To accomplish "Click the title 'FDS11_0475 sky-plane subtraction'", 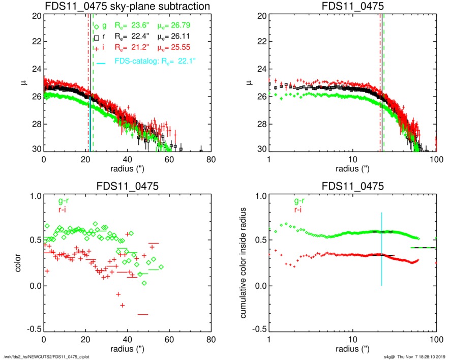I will click(128, 6).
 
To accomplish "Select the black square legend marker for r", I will click(96, 38).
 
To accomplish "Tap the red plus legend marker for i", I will click(96, 49).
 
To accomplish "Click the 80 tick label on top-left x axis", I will click(211, 159).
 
